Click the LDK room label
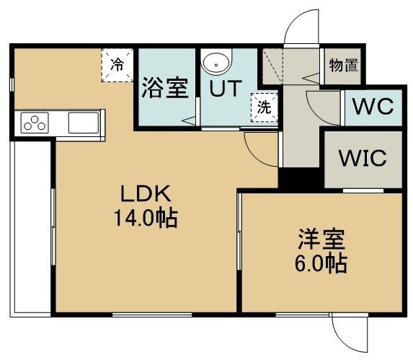[146, 193]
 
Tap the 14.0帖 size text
[146, 218]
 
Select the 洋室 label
[321, 240]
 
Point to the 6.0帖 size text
[321, 263]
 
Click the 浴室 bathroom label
[165, 88]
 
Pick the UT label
[226, 88]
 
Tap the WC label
[373, 107]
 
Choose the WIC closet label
[363, 158]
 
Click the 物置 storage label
[344, 65]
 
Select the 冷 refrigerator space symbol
[117, 65]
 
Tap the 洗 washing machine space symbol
[265, 107]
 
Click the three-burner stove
[35, 123]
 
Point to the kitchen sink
[84, 123]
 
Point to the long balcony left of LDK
[30, 228]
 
